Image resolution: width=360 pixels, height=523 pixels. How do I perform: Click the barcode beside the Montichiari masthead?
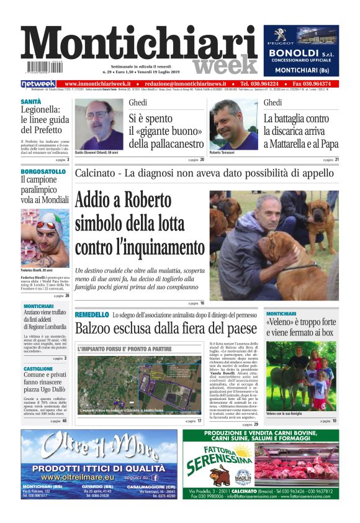click(43, 67)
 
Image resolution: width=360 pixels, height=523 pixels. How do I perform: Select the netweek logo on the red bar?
click(38, 84)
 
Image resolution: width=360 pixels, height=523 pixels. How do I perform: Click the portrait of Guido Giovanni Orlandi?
click(99, 124)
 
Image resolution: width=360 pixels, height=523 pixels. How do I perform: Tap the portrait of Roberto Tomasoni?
click(233, 125)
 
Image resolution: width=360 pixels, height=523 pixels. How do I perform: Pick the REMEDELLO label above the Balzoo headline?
click(92, 316)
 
